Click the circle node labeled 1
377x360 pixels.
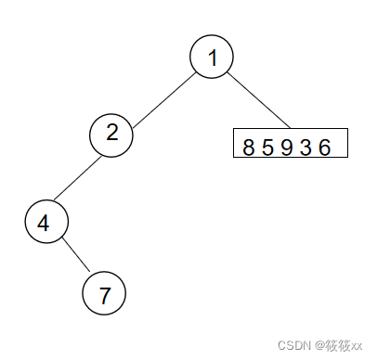click(x=212, y=58)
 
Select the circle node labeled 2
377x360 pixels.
click(x=111, y=134)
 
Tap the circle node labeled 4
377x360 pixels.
click(x=44, y=223)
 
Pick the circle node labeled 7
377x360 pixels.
click(x=104, y=295)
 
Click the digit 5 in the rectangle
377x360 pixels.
click(x=267, y=148)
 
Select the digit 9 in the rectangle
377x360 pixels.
click(x=286, y=148)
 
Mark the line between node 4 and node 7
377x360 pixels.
click(x=74, y=259)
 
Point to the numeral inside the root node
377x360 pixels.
click(x=212, y=58)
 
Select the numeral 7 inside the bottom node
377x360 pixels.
click(x=104, y=295)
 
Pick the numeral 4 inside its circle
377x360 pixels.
click(x=44, y=223)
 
